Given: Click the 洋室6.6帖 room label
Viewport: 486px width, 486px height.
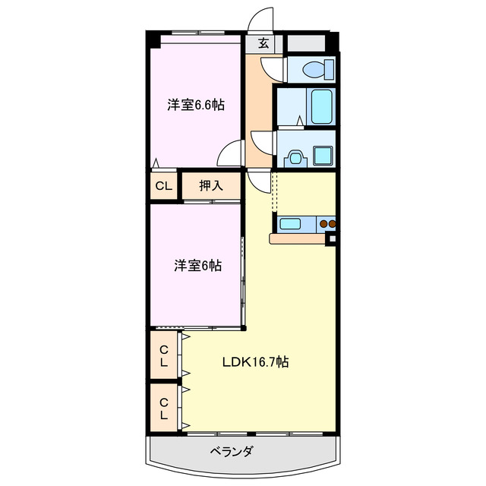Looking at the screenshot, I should (x=196, y=106).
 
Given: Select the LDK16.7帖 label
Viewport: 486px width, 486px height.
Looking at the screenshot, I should (x=254, y=362).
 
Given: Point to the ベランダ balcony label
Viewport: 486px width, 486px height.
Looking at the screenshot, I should (x=232, y=451).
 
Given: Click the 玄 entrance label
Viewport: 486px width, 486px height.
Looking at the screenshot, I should (x=263, y=43).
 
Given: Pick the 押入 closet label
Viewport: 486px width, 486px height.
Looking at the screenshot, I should (x=211, y=185).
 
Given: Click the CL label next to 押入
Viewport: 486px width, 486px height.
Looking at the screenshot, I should (x=163, y=185).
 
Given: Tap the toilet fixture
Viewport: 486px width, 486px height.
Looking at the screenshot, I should (x=314, y=69).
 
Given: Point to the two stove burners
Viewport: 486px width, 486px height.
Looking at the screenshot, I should (x=328, y=224).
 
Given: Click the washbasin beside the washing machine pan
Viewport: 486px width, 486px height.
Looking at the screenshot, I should (x=294, y=158).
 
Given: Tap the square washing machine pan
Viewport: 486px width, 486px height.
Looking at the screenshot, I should (x=323, y=155).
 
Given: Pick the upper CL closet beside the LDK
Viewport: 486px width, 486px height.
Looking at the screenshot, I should (x=164, y=355).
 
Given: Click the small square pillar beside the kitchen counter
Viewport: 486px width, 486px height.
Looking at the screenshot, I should (x=331, y=241).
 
